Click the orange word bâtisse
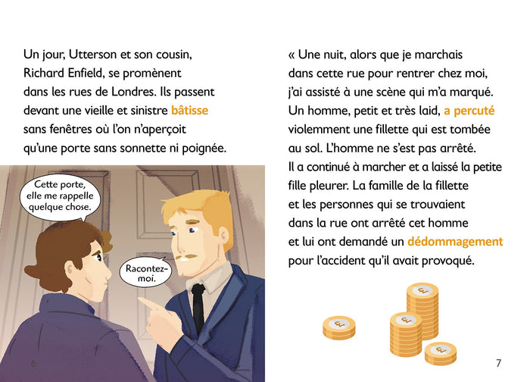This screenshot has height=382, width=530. click(189, 111)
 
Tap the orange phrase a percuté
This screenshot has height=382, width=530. click(469, 111)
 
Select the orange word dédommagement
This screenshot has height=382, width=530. click(454, 242)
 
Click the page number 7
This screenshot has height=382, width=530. click(497, 362)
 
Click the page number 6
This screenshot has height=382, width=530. click(33, 363)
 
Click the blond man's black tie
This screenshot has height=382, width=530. click(198, 307)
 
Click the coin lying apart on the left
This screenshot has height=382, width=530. click(338, 327)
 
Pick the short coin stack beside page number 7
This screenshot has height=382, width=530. click(440, 352)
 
